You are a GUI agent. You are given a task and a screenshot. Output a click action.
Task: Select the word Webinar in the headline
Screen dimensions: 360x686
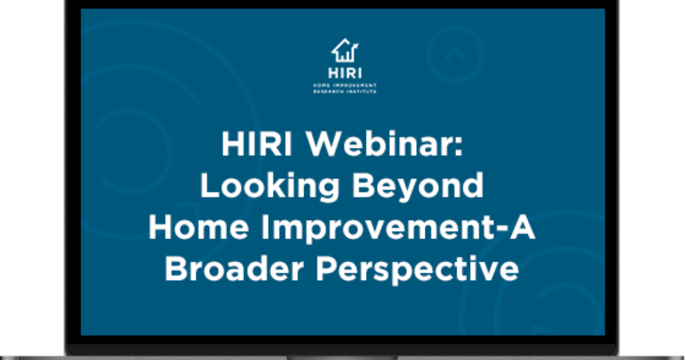378,146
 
